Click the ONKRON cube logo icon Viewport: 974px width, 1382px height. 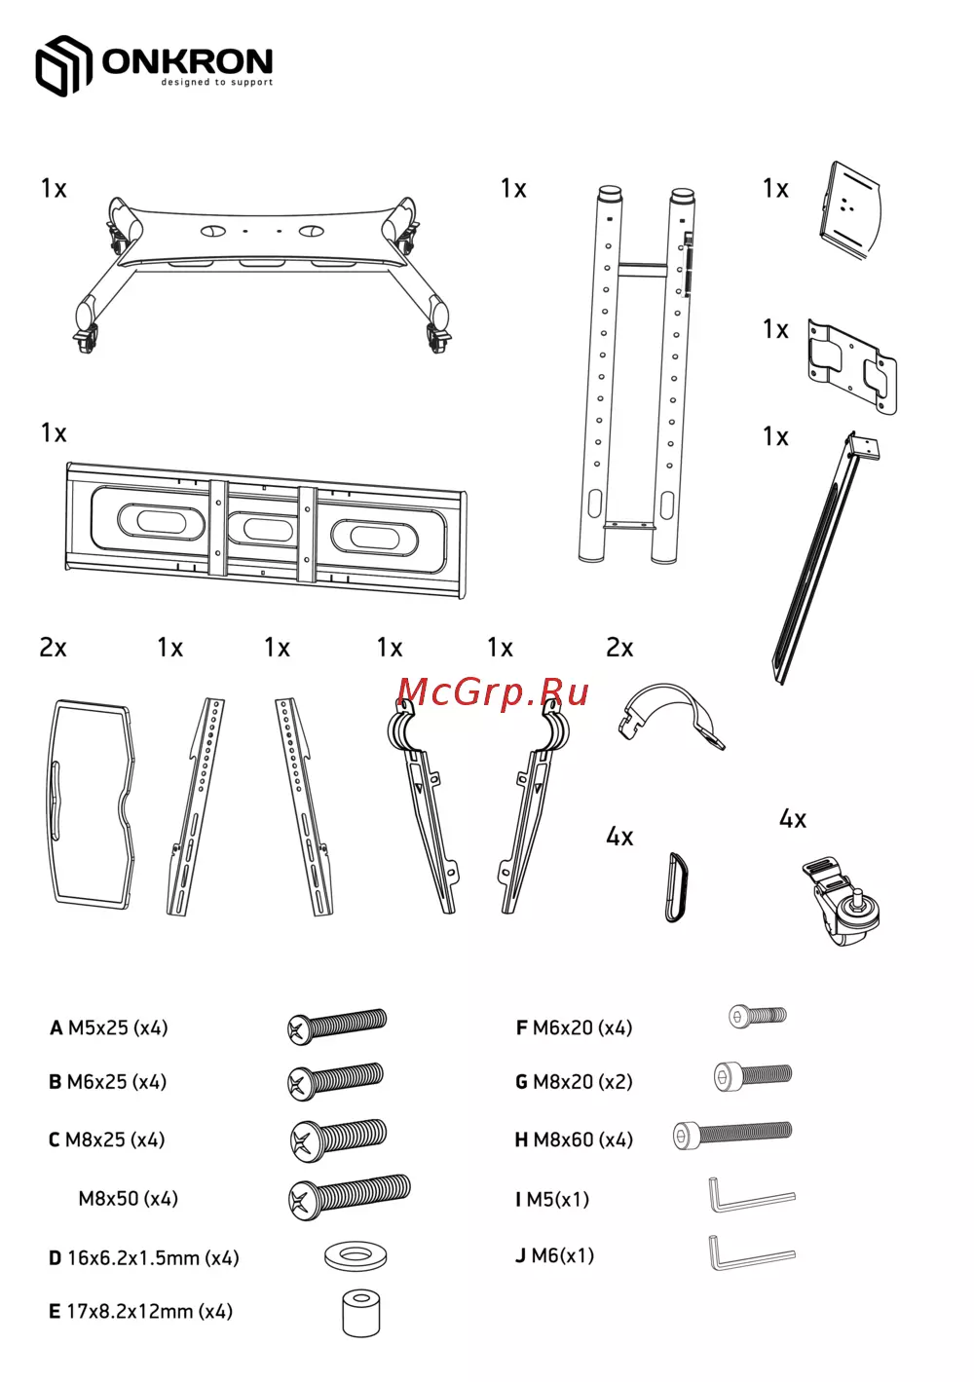click(63, 65)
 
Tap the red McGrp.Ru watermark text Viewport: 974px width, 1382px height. click(493, 692)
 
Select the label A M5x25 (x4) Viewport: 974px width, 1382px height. click(108, 1027)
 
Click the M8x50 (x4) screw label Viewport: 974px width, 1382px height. click(129, 1199)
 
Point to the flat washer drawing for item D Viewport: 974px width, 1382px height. click(356, 1255)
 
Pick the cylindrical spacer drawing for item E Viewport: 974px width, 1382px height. click(360, 1313)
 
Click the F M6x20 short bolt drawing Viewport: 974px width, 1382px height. click(758, 1016)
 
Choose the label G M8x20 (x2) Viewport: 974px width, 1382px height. click(574, 1081)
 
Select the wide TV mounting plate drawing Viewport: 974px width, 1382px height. click(266, 531)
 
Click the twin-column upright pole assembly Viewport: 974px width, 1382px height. click(638, 375)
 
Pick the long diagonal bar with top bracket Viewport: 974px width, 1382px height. click(824, 558)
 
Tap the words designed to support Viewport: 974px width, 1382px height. click(216, 83)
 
